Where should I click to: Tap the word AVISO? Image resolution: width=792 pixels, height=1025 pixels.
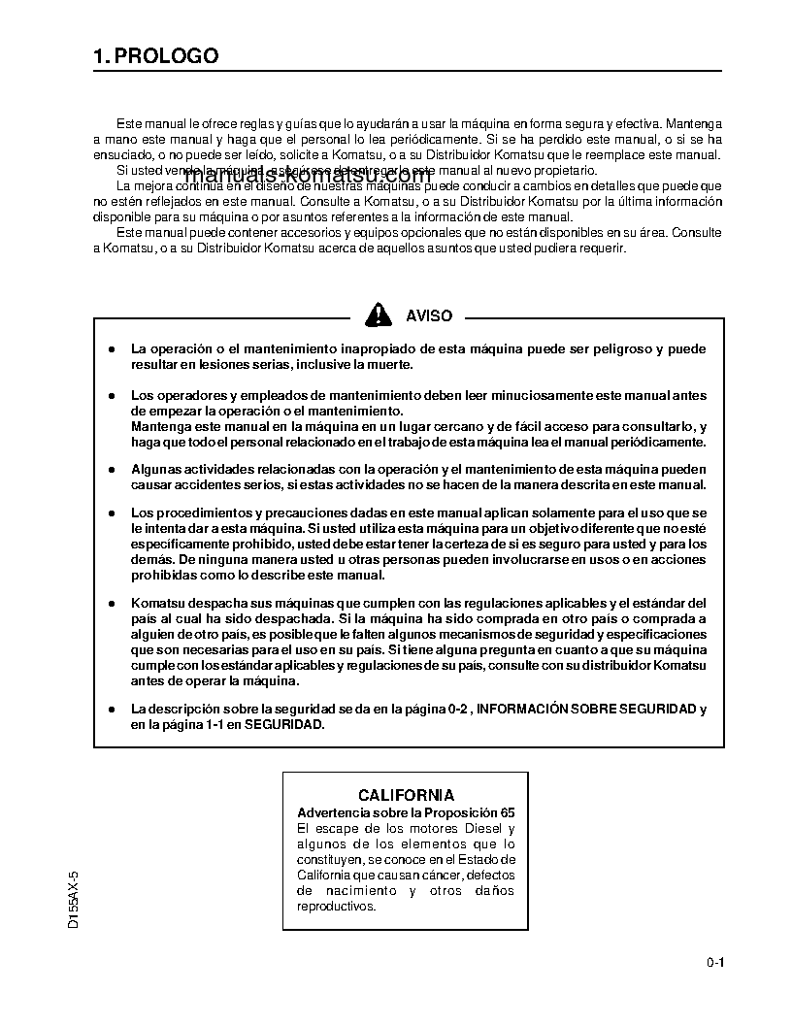click(428, 315)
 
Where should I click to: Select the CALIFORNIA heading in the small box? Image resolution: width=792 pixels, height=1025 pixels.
click(406, 795)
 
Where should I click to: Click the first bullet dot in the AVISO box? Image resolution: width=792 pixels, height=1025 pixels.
click(112, 348)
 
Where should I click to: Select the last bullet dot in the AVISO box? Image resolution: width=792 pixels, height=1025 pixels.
click(112, 710)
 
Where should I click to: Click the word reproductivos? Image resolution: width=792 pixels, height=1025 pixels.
click(335, 906)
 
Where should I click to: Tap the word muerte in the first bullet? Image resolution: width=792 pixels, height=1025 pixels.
click(388, 364)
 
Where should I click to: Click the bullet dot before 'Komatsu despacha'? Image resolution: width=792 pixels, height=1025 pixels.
click(112, 604)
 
